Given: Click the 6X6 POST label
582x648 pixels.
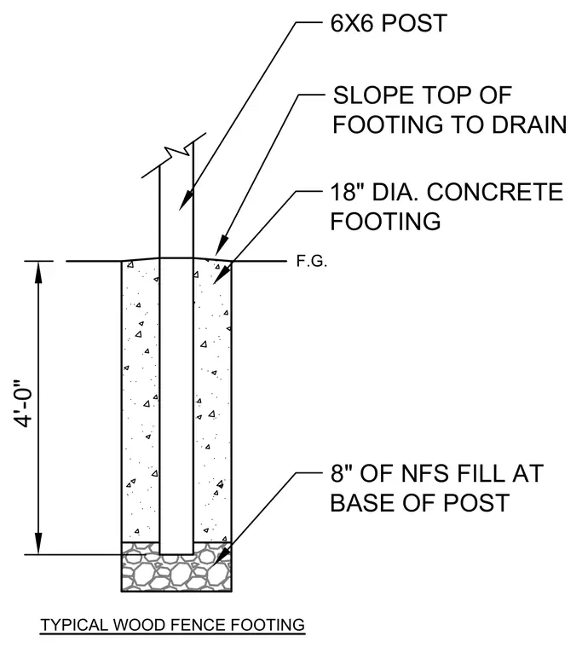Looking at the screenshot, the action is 389,23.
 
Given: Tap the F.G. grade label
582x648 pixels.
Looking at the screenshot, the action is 311,261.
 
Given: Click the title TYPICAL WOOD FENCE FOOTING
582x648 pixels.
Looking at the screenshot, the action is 173,624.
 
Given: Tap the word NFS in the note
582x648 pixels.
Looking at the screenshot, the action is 417,473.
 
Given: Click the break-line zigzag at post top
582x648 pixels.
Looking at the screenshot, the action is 174,155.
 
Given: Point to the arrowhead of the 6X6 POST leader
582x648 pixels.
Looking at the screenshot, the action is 185,200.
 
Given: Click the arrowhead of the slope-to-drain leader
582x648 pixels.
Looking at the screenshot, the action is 222,245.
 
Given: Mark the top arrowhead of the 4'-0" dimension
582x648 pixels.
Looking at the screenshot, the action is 38,272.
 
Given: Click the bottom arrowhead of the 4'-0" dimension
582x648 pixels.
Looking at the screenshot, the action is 38,543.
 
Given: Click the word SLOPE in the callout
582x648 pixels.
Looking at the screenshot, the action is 373,95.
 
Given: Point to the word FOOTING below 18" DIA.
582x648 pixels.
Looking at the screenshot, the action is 385,221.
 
